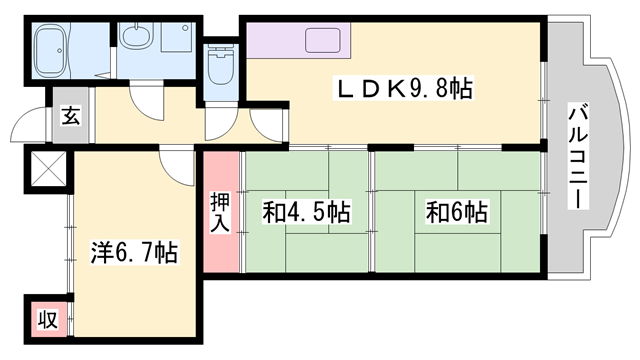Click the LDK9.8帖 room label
point(403,88)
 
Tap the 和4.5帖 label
point(307,211)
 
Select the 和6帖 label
point(457,211)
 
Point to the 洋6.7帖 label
point(134,252)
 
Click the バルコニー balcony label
point(578,157)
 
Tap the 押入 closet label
point(220,212)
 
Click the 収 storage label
point(48,319)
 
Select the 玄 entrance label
point(71,116)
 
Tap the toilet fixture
point(221,64)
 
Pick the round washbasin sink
point(137,36)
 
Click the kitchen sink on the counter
point(322,40)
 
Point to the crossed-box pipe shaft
point(48,168)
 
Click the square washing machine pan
point(177,37)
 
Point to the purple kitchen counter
point(298,40)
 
